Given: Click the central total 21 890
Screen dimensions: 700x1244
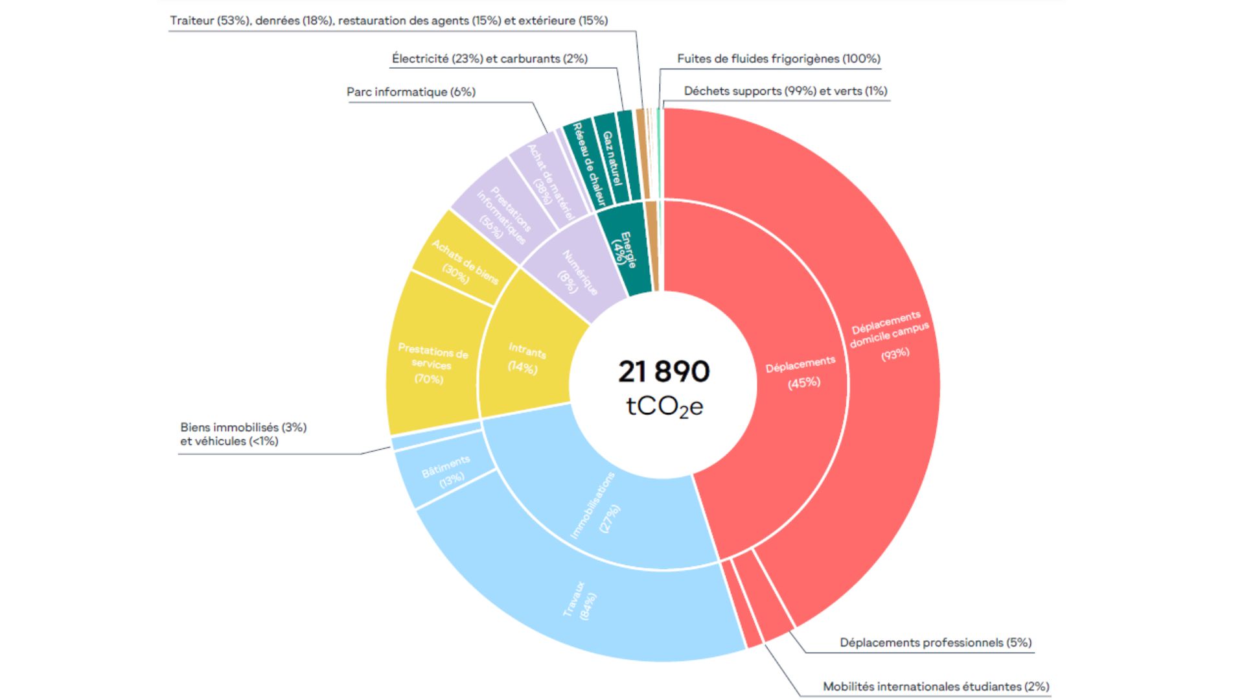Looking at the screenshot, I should point(663,371).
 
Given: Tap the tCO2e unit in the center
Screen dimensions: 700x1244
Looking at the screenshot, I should point(664,407).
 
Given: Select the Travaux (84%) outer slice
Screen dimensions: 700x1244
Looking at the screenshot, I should point(581,600).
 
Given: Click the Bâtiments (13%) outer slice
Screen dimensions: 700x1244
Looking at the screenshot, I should point(445,471).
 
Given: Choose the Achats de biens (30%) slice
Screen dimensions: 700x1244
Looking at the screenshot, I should point(465,262).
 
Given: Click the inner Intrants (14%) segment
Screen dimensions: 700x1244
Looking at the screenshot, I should point(526,358).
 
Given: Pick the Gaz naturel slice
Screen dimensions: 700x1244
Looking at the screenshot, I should point(611,157).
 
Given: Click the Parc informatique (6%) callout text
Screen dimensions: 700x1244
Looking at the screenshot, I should point(411,92).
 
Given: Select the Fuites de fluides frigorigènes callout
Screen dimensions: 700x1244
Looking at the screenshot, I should point(778,59).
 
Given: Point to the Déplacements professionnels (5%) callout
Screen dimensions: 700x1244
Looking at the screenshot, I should point(936,642).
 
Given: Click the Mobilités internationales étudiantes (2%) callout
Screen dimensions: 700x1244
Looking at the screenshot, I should point(936,686).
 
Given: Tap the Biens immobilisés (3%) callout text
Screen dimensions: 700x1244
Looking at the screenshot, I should point(243,428).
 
